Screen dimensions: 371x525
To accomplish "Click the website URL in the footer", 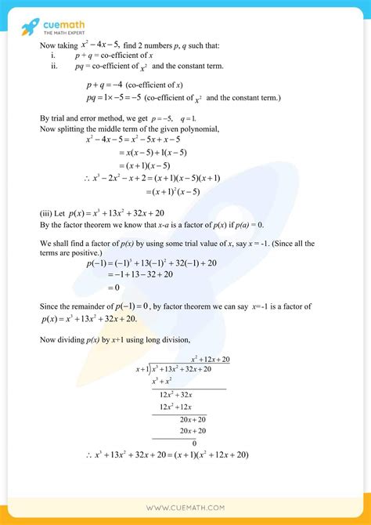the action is (185, 508).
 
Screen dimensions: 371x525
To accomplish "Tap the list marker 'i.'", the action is (52, 56).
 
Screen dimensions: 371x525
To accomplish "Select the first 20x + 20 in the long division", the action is (193, 418).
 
